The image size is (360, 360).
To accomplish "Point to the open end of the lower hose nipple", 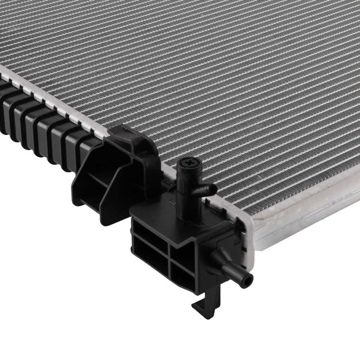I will [x=248, y=278].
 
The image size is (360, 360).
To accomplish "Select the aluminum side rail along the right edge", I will [x=306, y=216].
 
